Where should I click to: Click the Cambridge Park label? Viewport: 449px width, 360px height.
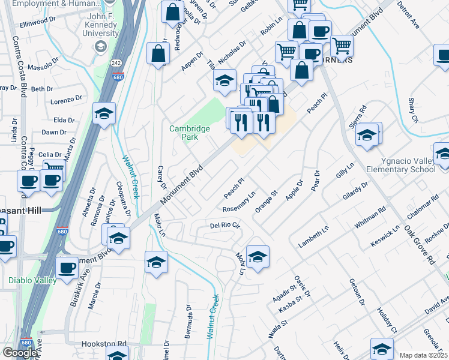(189, 132)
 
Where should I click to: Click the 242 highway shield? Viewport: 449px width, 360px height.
(116, 62)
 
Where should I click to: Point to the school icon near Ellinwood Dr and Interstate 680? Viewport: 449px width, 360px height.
(103, 114)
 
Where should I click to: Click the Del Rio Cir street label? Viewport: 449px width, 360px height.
(224, 226)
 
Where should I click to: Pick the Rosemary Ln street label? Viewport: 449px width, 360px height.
(239, 202)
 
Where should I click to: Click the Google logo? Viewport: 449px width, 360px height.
(20, 353)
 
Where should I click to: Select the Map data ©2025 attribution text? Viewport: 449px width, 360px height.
(423, 355)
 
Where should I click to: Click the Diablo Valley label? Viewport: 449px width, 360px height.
(32, 280)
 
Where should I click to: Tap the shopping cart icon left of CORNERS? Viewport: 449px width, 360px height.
(286, 52)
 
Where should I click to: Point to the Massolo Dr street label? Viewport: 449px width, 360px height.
(42, 63)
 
